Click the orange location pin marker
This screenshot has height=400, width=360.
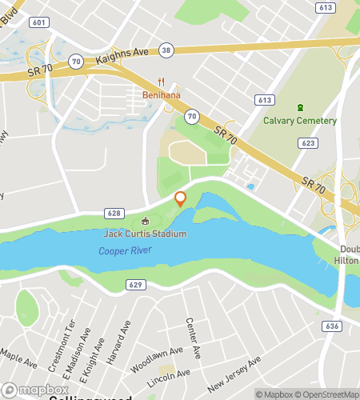pos(180,198)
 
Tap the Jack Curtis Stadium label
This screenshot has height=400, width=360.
pos(145,234)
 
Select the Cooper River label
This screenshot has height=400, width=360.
pos(125,250)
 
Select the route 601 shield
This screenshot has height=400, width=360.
pos(38,23)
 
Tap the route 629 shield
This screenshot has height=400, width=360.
pos(134,284)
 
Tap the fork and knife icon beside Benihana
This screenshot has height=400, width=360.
pos(162,82)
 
